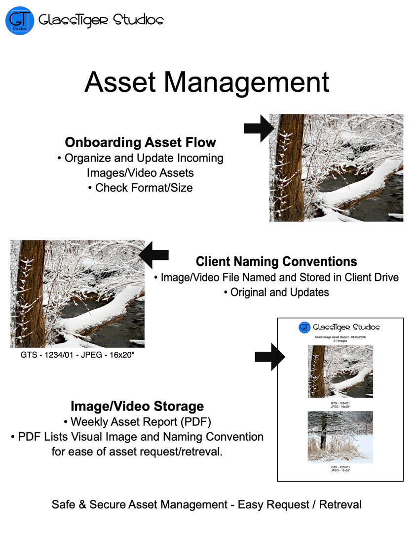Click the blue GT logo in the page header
[20, 20]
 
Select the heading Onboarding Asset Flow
[141, 142]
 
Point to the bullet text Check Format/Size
[144, 188]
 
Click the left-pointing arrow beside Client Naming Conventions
[154, 255]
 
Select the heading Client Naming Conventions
[276, 261]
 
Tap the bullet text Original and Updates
[276, 292]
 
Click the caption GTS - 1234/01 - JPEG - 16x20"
[77, 355]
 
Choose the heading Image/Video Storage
[137, 406]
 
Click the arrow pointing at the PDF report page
[269, 356]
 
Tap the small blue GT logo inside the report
[304, 327]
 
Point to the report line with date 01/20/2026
[340, 337]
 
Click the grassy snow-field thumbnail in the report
[340, 436]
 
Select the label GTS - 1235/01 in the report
[340, 467]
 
